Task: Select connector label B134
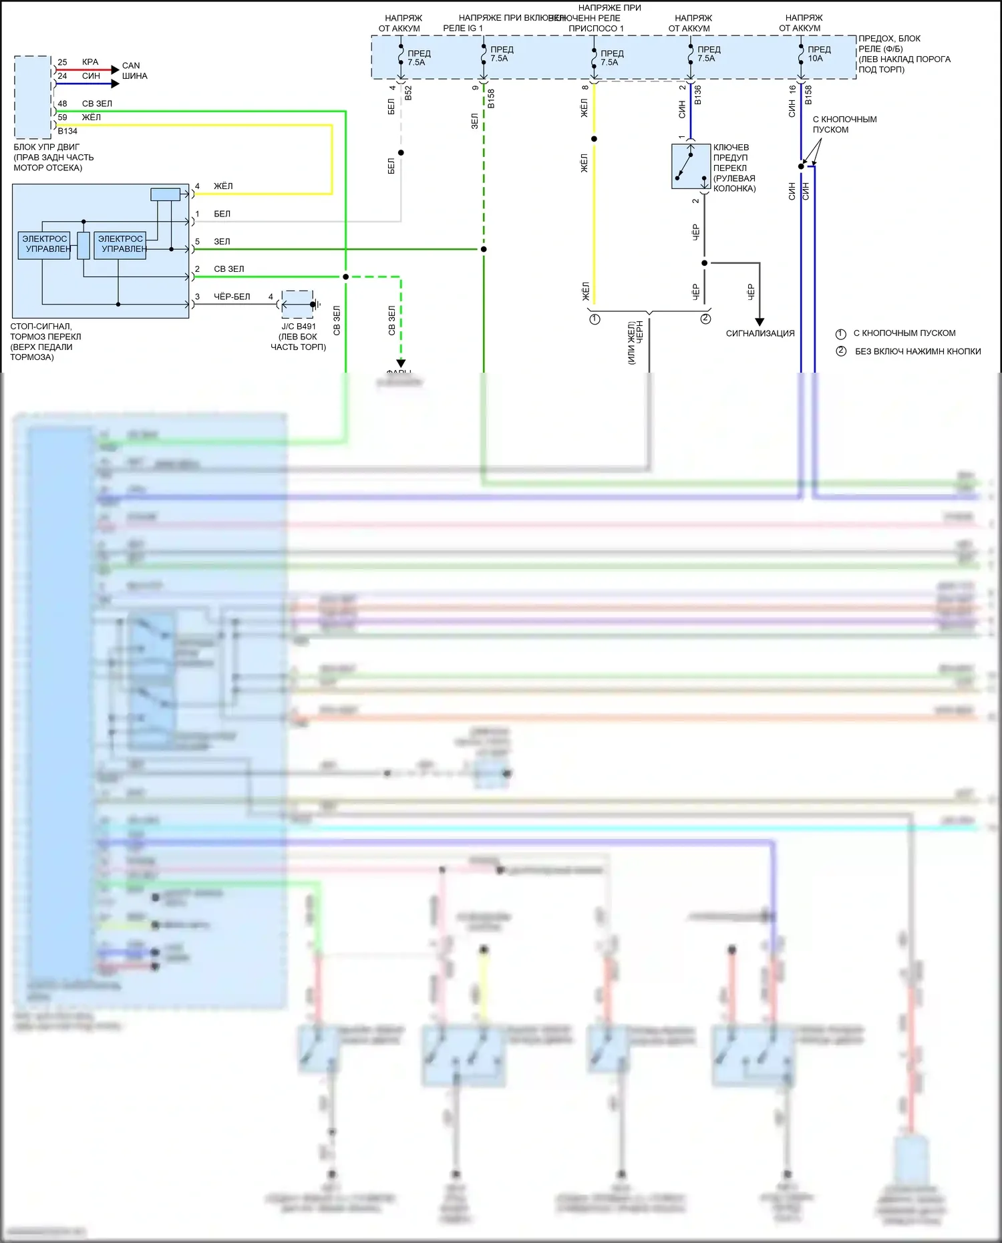67,131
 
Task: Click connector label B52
408,93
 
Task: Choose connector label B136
697,94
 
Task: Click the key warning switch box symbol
690,166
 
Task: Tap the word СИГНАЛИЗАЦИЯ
760,333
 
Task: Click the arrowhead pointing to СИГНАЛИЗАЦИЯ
760,322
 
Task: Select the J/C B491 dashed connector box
298,305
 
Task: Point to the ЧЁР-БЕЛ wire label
232,297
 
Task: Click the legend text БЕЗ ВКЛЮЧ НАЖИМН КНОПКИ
918,351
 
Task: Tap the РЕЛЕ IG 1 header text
462,28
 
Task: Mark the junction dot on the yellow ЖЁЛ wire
594,139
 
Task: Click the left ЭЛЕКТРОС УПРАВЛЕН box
45,244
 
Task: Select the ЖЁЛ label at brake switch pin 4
223,186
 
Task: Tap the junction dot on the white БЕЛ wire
401,153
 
